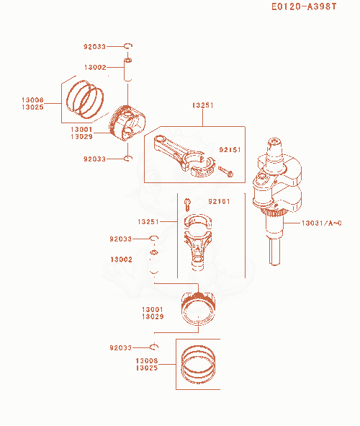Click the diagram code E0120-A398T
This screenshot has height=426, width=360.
coord(304,6)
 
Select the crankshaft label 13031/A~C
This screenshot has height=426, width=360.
coord(321,223)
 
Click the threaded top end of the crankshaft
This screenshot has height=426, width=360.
coord(275,143)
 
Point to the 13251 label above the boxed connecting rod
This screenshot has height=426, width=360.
coord(202,105)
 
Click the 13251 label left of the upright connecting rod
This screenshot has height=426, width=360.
coord(148,222)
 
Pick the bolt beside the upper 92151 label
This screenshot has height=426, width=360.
coord(225,172)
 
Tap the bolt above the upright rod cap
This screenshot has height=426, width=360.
coord(187,205)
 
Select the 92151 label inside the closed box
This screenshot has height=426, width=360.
coord(230,150)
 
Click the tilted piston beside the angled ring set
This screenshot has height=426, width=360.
coord(127,123)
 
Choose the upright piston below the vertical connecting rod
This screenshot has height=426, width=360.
coord(198,309)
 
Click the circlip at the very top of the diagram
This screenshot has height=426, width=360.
coord(127,46)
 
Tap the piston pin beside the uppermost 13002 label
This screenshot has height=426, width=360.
coord(127,69)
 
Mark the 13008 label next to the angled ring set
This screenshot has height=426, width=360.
coord(32,99)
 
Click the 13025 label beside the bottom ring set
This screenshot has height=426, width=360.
coord(147,368)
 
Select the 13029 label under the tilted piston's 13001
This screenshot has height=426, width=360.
coord(81,136)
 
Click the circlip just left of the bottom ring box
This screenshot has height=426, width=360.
coord(154,347)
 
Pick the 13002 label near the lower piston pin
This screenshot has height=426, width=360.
coord(121,259)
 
